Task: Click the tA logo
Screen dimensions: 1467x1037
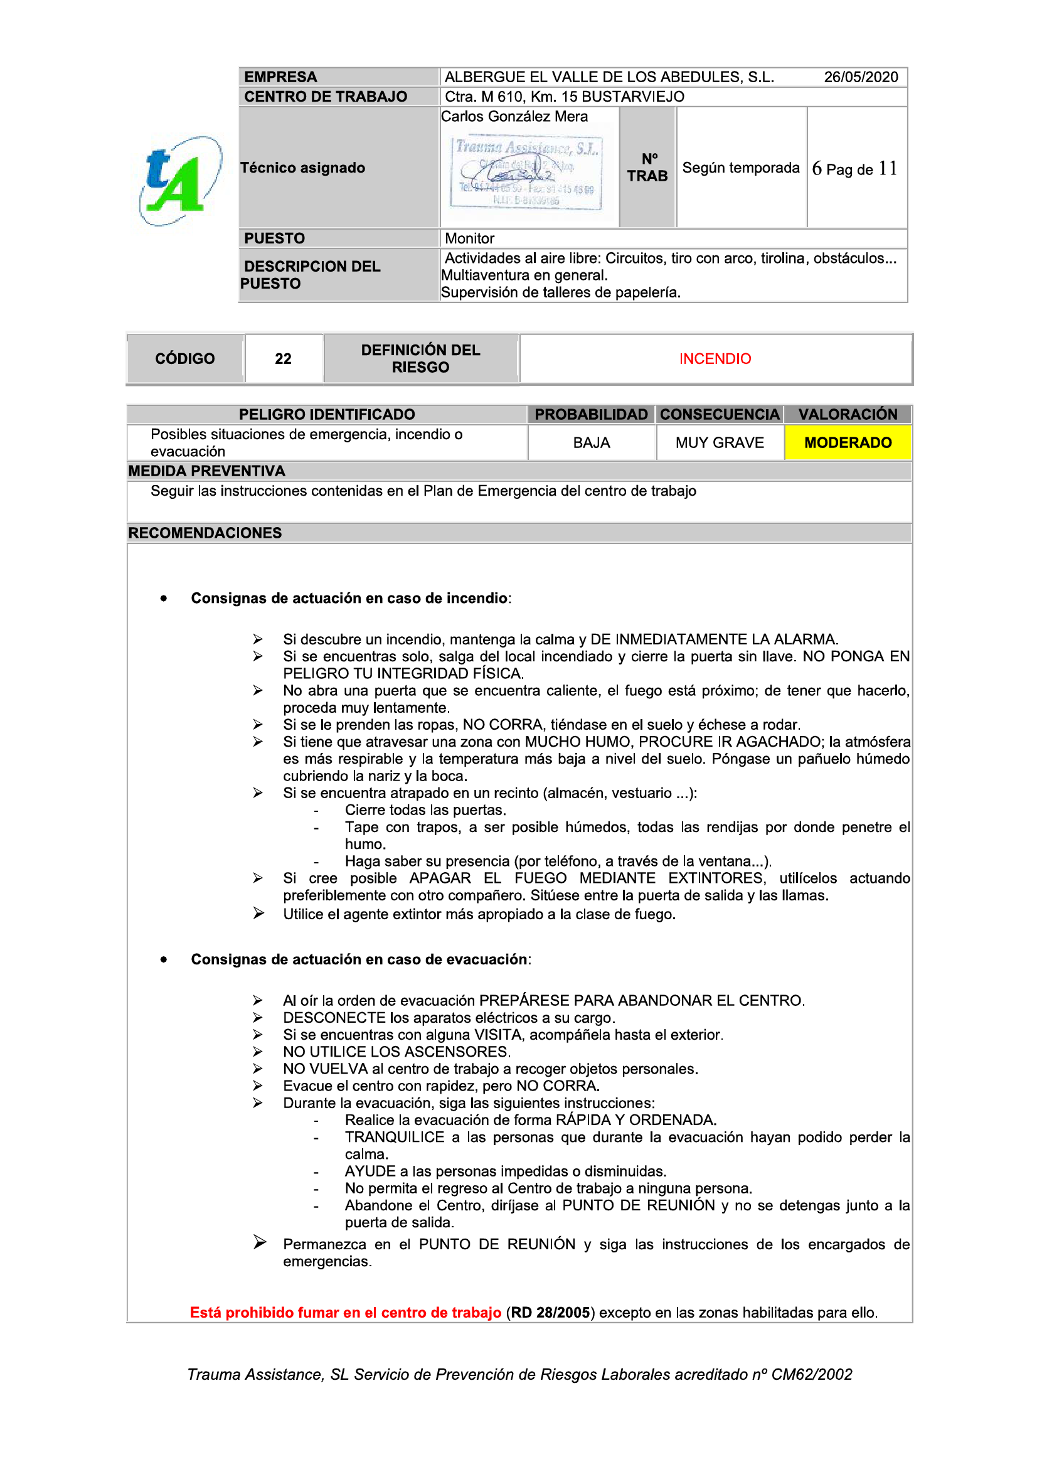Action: click(180, 181)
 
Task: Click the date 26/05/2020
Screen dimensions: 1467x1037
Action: click(860, 77)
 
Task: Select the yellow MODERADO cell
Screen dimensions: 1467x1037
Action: click(848, 443)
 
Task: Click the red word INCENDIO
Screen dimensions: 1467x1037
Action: click(715, 359)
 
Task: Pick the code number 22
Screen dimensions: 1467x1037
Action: click(283, 359)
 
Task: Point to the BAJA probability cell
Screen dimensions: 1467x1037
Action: click(591, 443)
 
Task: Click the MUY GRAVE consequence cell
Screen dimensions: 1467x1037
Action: click(720, 443)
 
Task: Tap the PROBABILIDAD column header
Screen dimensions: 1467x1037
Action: click(590, 415)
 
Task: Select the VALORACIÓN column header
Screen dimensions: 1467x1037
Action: click(848, 415)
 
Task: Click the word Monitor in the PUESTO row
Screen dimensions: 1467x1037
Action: click(470, 239)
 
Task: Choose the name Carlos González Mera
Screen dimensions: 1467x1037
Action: click(514, 117)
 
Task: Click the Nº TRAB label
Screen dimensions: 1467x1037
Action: click(647, 168)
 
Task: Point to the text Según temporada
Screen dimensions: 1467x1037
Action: click(740, 168)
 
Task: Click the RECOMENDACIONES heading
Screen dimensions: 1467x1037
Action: click(205, 533)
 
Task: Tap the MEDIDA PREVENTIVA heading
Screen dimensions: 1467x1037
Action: click(206, 472)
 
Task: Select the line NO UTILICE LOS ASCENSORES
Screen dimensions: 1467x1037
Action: click(396, 1052)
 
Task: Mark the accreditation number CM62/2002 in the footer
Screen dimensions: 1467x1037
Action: click(811, 1374)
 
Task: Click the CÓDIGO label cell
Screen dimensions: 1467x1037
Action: click(184, 359)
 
